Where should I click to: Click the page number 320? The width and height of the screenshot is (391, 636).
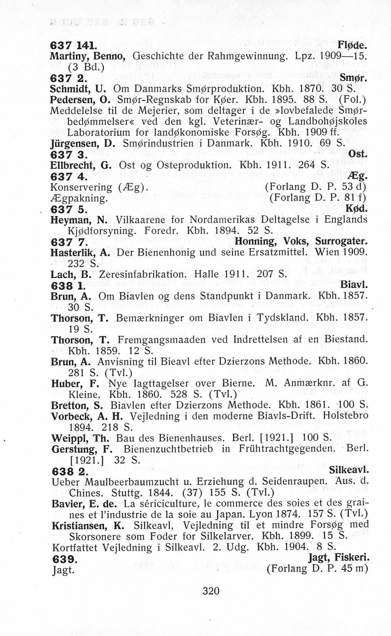[211, 591]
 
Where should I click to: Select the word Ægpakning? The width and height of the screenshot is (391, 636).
[78, 198]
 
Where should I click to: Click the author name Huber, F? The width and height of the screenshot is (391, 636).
[75, 383]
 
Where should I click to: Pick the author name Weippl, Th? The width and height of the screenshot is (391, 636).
[80, 438]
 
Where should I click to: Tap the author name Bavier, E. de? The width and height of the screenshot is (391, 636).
[84, 504]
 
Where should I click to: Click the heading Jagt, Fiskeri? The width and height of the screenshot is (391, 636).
[339, 558]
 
